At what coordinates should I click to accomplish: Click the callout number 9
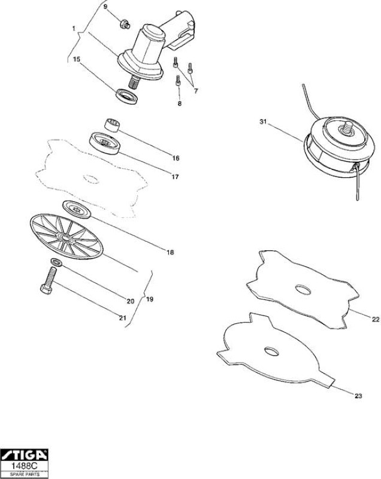(x=105, y=7)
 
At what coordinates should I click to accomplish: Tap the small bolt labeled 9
(x=125, y=24)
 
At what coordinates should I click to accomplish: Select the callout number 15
(x=77, y=59)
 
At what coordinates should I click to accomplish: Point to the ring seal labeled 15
(x=126, y=96)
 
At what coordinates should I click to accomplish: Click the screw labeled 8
(x=178, y=81)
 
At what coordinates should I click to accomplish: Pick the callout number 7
(x=196, y=91)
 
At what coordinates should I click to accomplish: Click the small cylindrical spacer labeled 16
(x=112, y=125)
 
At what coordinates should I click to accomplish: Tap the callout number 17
(x=175, y=177)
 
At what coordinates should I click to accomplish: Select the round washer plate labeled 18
(x=77, y=209)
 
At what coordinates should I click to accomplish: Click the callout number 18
(x=170, y=252)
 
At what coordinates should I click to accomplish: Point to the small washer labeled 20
(x=56, y=262)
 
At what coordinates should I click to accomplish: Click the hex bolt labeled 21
(x=49, y=280)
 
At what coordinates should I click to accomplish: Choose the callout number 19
(x=150, y=299)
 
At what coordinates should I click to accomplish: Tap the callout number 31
(x=263, y=122)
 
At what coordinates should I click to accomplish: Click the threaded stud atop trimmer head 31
(x=347, y=128)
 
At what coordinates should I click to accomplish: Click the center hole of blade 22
(x=303, y=290)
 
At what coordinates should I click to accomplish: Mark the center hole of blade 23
(x=271, y=351)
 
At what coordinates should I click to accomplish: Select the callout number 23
(x=358, y=396)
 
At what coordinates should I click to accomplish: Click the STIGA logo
(x=24, y=455)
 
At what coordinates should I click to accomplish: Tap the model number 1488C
(x=24, y=466)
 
